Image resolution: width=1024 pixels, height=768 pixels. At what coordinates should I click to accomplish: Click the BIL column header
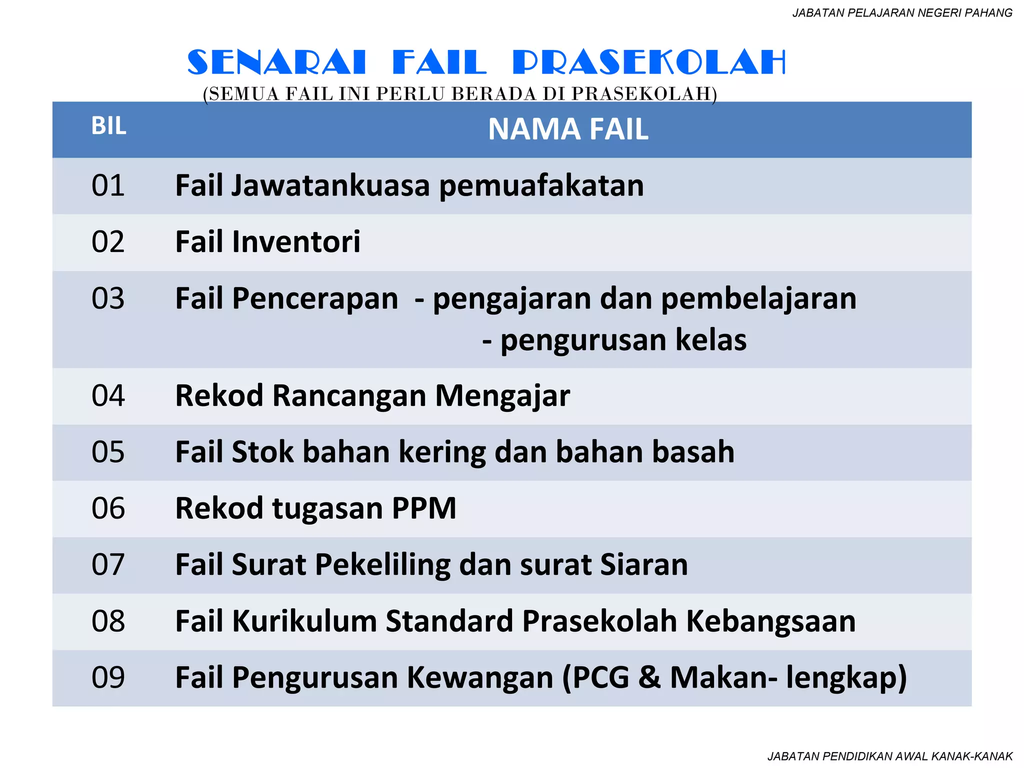[108, 126]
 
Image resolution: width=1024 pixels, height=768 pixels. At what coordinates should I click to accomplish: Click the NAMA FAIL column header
[568, 129]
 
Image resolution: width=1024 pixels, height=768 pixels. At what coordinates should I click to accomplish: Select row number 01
[108, 185]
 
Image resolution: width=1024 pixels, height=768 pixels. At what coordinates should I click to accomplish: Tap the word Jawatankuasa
[330, 185]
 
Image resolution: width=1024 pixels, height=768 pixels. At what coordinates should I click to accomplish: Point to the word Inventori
[296, 242]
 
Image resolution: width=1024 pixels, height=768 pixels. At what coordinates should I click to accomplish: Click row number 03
[108, 298]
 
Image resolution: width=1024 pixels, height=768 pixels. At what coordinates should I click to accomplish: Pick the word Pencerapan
[315, 298]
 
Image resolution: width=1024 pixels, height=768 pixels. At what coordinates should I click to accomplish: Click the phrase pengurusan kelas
[623, 340]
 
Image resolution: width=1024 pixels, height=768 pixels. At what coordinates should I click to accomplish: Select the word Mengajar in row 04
[502, 396]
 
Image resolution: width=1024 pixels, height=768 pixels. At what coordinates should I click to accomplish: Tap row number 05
[108, 452]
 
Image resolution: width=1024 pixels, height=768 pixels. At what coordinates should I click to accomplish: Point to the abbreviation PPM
[424, 508]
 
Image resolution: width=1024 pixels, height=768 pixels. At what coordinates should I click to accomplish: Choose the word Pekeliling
[382, 565]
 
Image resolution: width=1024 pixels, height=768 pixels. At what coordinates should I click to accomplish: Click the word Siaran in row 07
[644, 565]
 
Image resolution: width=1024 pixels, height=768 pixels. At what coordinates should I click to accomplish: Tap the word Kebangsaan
[770, 621]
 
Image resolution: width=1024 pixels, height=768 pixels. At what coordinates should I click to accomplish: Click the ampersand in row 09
[649, 678]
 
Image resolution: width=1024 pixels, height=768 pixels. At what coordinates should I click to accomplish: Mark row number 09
[108, 678]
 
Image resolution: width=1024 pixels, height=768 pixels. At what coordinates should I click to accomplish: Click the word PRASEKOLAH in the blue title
[649, 63]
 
